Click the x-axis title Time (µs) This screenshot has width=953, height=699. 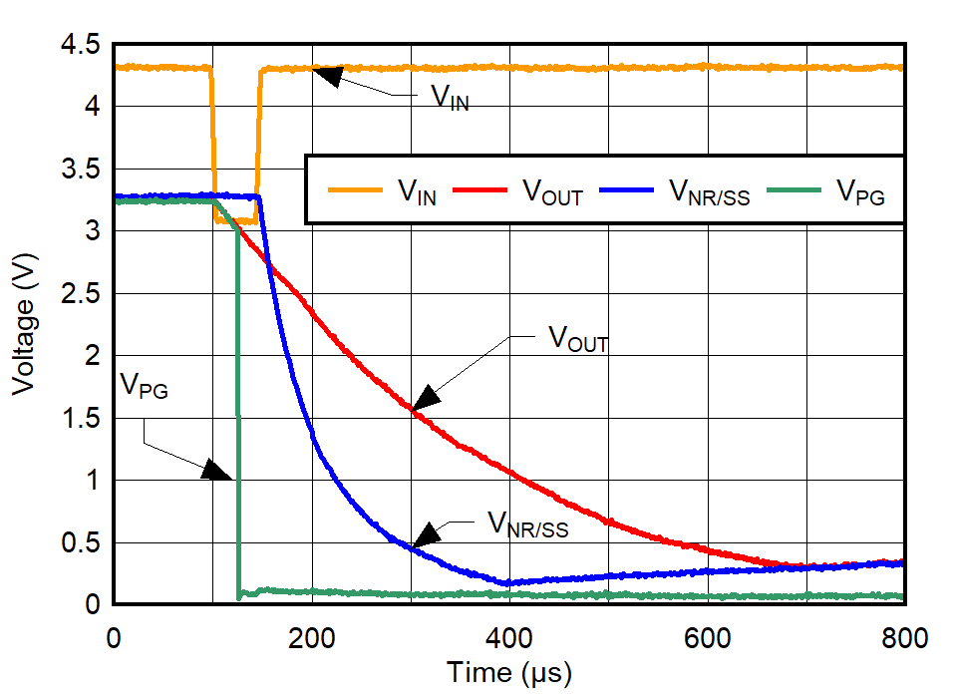click(x=509, y=673)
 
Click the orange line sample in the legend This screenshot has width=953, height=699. click(x=355, y=188)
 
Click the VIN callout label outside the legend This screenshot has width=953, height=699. click(x=450, y=99)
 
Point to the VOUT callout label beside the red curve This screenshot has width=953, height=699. click(x=578, y=340)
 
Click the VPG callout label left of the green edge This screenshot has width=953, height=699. click(x=145, y=386)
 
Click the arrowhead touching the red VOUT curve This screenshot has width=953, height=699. click(x=426, y=397)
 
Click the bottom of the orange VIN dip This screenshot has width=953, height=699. click(x=236, y=220)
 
